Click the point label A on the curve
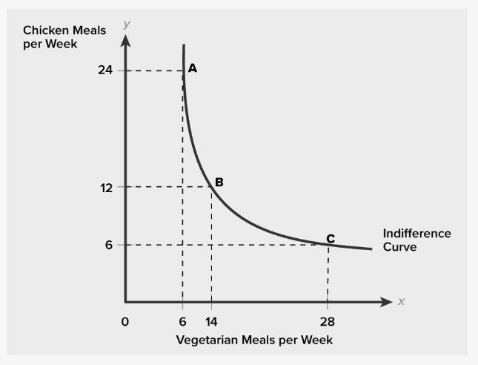click(x=193, y=68)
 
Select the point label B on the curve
click(x=219, y=182)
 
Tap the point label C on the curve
click(x=331, y=238)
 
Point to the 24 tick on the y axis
click(x=104, y=71)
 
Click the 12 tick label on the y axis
click(x=105, y=187)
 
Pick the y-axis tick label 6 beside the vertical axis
click(x=109, y=245)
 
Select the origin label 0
click(x=125, y=322)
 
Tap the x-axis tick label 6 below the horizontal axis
click(x=182, y=322)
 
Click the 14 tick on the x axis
click(x=211, y=322)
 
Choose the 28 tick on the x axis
click(x=328, y=322)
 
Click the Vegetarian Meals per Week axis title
click(x=254, y=341)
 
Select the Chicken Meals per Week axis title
click(x=64, y=36)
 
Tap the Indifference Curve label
click(x=416, y=240)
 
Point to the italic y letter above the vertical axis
click(x=127, y=24)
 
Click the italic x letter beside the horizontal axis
click(x=401, y=302)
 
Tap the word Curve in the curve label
click(x=399, y=246)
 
